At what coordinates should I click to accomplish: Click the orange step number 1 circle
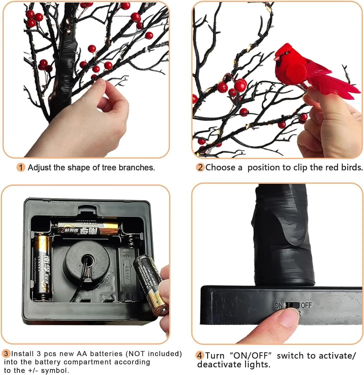pos(21,167)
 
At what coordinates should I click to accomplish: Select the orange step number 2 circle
pos(200,167)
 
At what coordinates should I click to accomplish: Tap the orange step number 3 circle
pos(6,353)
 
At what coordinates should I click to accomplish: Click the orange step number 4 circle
pos(199,355)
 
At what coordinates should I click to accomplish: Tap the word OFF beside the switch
pos(306,305)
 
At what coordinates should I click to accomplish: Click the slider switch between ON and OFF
pos(292,305)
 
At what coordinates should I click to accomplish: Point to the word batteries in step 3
pos(106,353)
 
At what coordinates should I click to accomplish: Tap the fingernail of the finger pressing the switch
pos(288,318)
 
